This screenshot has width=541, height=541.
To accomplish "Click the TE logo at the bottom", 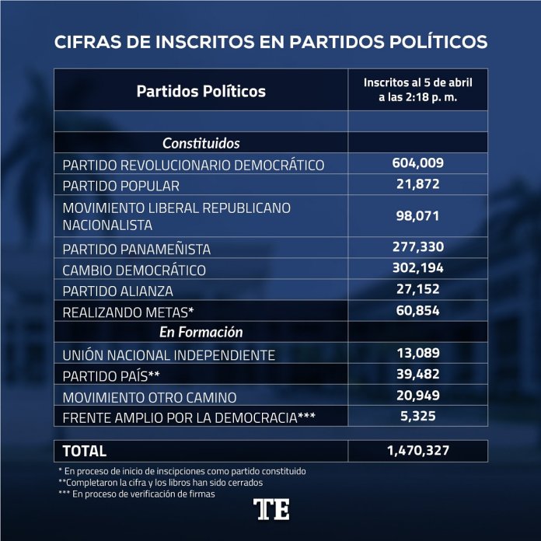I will pyautogui.click(x=271, y=510).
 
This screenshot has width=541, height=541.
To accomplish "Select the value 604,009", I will pyautogui.click(x=417, y=163).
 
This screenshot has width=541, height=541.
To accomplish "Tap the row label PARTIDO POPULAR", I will pyautogui.click(x=120, y=186).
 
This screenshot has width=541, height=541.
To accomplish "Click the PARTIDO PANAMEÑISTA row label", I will pyautogui.click(x=136, y=250).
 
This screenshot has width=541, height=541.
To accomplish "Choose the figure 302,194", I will pyautogui.click(x=417, y=269).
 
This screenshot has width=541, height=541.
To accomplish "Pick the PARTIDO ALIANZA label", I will pyautogui.click(x=117, y=291).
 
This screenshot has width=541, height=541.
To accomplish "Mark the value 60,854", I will pyautogui.click(x=417, y=311).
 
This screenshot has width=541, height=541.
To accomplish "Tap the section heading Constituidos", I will pyautogui.click(x=201, y=143).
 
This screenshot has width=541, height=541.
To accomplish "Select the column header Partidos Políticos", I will pyautogui.click(x=201, y=91).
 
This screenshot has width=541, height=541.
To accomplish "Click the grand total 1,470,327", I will pyautogui.click(x=417, y=450).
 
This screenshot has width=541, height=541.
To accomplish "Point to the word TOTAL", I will pyautogui.click(x=84, y=451).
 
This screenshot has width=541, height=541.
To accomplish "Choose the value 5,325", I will pyautogui.click(x=417, y=417).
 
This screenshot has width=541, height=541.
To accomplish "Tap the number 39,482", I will pyautogui.click(x=417, y=375).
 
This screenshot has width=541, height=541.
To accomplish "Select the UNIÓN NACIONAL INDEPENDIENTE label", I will pyautogui.click(x=169, y=355).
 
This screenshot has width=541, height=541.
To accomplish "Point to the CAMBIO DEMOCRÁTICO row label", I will pyautogui.click(x=134, y=270).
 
